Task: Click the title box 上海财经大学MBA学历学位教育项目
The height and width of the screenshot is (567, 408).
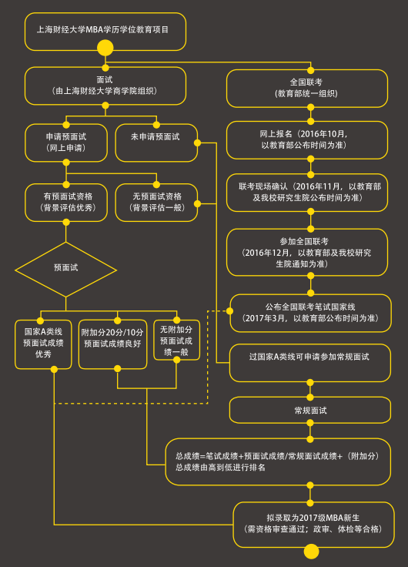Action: (x=105, y=30)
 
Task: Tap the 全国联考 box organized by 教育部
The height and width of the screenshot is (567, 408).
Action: (x=309, y=87)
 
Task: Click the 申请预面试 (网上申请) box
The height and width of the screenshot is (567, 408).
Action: (x=65, y=142)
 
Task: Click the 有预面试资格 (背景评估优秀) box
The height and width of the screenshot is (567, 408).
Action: (x=65, y=202)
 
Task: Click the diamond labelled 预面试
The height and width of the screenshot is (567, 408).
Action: (x=65, y=268)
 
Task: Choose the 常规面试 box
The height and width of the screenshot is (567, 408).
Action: (x=310, y=410)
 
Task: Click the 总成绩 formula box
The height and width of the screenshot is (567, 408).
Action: (x=278, y=461)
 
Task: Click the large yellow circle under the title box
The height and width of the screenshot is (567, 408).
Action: (x=105, y=49)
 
